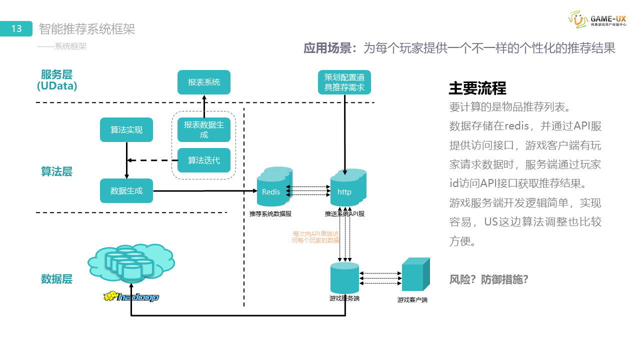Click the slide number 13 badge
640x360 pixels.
pos(16,29)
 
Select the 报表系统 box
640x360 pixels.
pos(204,82)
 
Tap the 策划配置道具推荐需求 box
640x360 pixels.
pos(344,82)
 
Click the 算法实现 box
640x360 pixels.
pos(126,130)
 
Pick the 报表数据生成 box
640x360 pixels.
pos(204,130)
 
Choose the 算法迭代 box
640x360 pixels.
pos(204,160)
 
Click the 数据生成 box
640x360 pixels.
pos(126,190)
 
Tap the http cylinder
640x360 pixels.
pos(346,189)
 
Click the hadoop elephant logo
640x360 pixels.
pos(131,297)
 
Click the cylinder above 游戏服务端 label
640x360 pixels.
pos(344,278)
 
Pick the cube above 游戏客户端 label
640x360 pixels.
pos(415,275)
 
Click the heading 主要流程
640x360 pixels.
pos(477,88)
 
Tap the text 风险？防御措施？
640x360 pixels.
pos(489,279)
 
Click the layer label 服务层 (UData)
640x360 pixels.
pos(57,80)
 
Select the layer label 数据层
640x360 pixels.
pos(56,279)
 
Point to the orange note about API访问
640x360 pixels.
pos(315,237)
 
